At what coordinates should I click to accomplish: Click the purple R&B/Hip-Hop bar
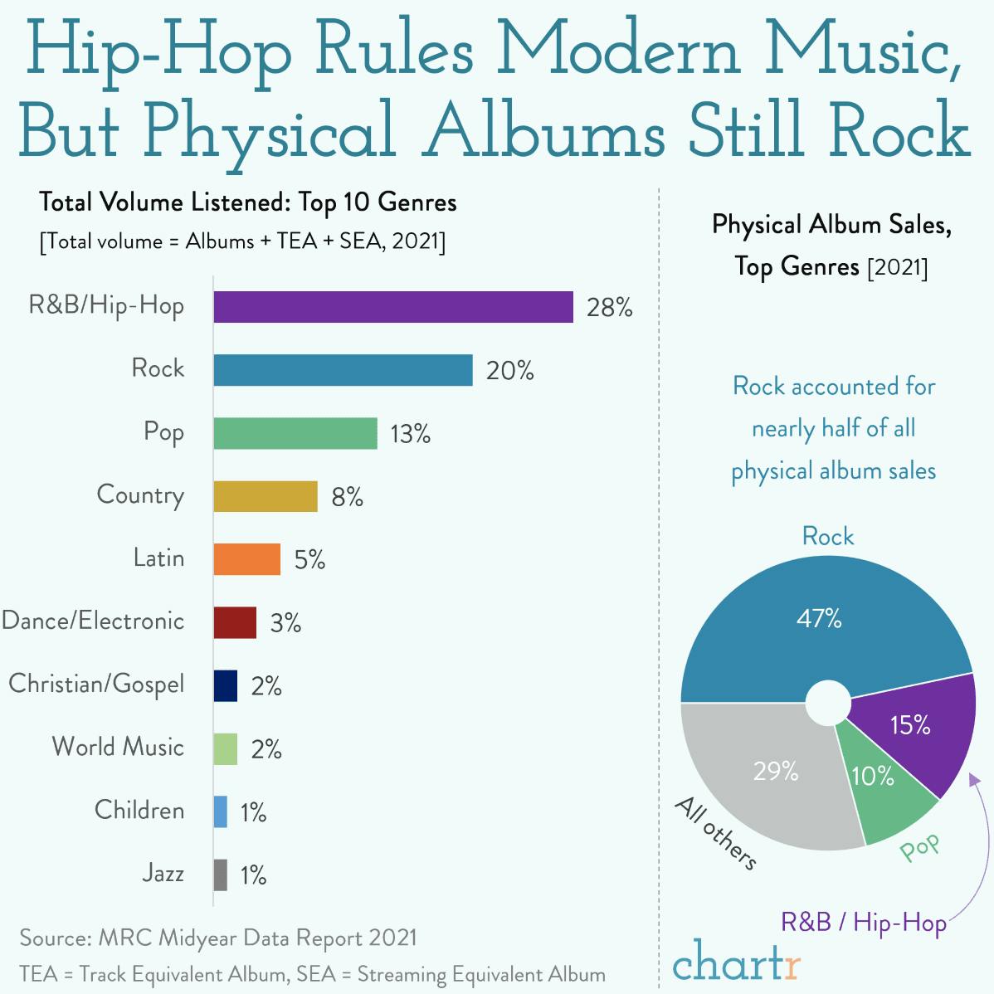[x=392, y=307]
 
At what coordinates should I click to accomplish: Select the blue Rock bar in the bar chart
[x=343, y=370]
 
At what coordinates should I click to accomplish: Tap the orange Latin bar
[x=246, y=559]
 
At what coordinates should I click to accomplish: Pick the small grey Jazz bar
[x=220, y=875]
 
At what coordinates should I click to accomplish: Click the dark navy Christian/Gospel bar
[x=225, y=685]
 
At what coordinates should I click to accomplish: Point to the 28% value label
[x=609, y=308]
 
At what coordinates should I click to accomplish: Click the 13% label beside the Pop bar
[x=410, y=434]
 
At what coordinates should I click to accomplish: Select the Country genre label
[x=139, y=495]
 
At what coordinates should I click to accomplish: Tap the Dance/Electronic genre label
[x=93, y=621]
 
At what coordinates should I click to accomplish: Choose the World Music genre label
[x=118, y=747]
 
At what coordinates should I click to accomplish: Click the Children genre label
[x=139, y=810]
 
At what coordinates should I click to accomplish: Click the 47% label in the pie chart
[x=819, y=618]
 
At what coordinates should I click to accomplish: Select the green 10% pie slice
[x=879, y=797]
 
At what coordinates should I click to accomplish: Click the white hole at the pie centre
[x=827, y=703]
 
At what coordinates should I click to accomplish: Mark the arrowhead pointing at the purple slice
[x=974, y=780]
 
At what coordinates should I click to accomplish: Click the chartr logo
[x=736, y=962]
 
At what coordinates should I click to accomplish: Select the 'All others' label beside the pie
[x=715, y=833]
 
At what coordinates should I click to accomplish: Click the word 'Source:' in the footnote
[x=56, y=938]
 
